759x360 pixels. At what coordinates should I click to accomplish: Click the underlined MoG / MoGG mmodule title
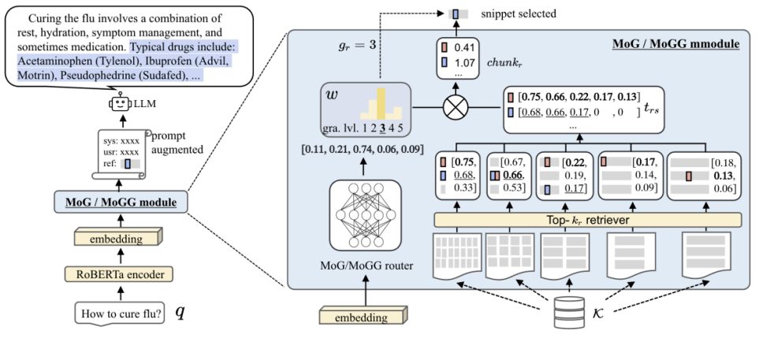point(675,44)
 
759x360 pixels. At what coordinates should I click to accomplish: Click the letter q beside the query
point(180,312)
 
